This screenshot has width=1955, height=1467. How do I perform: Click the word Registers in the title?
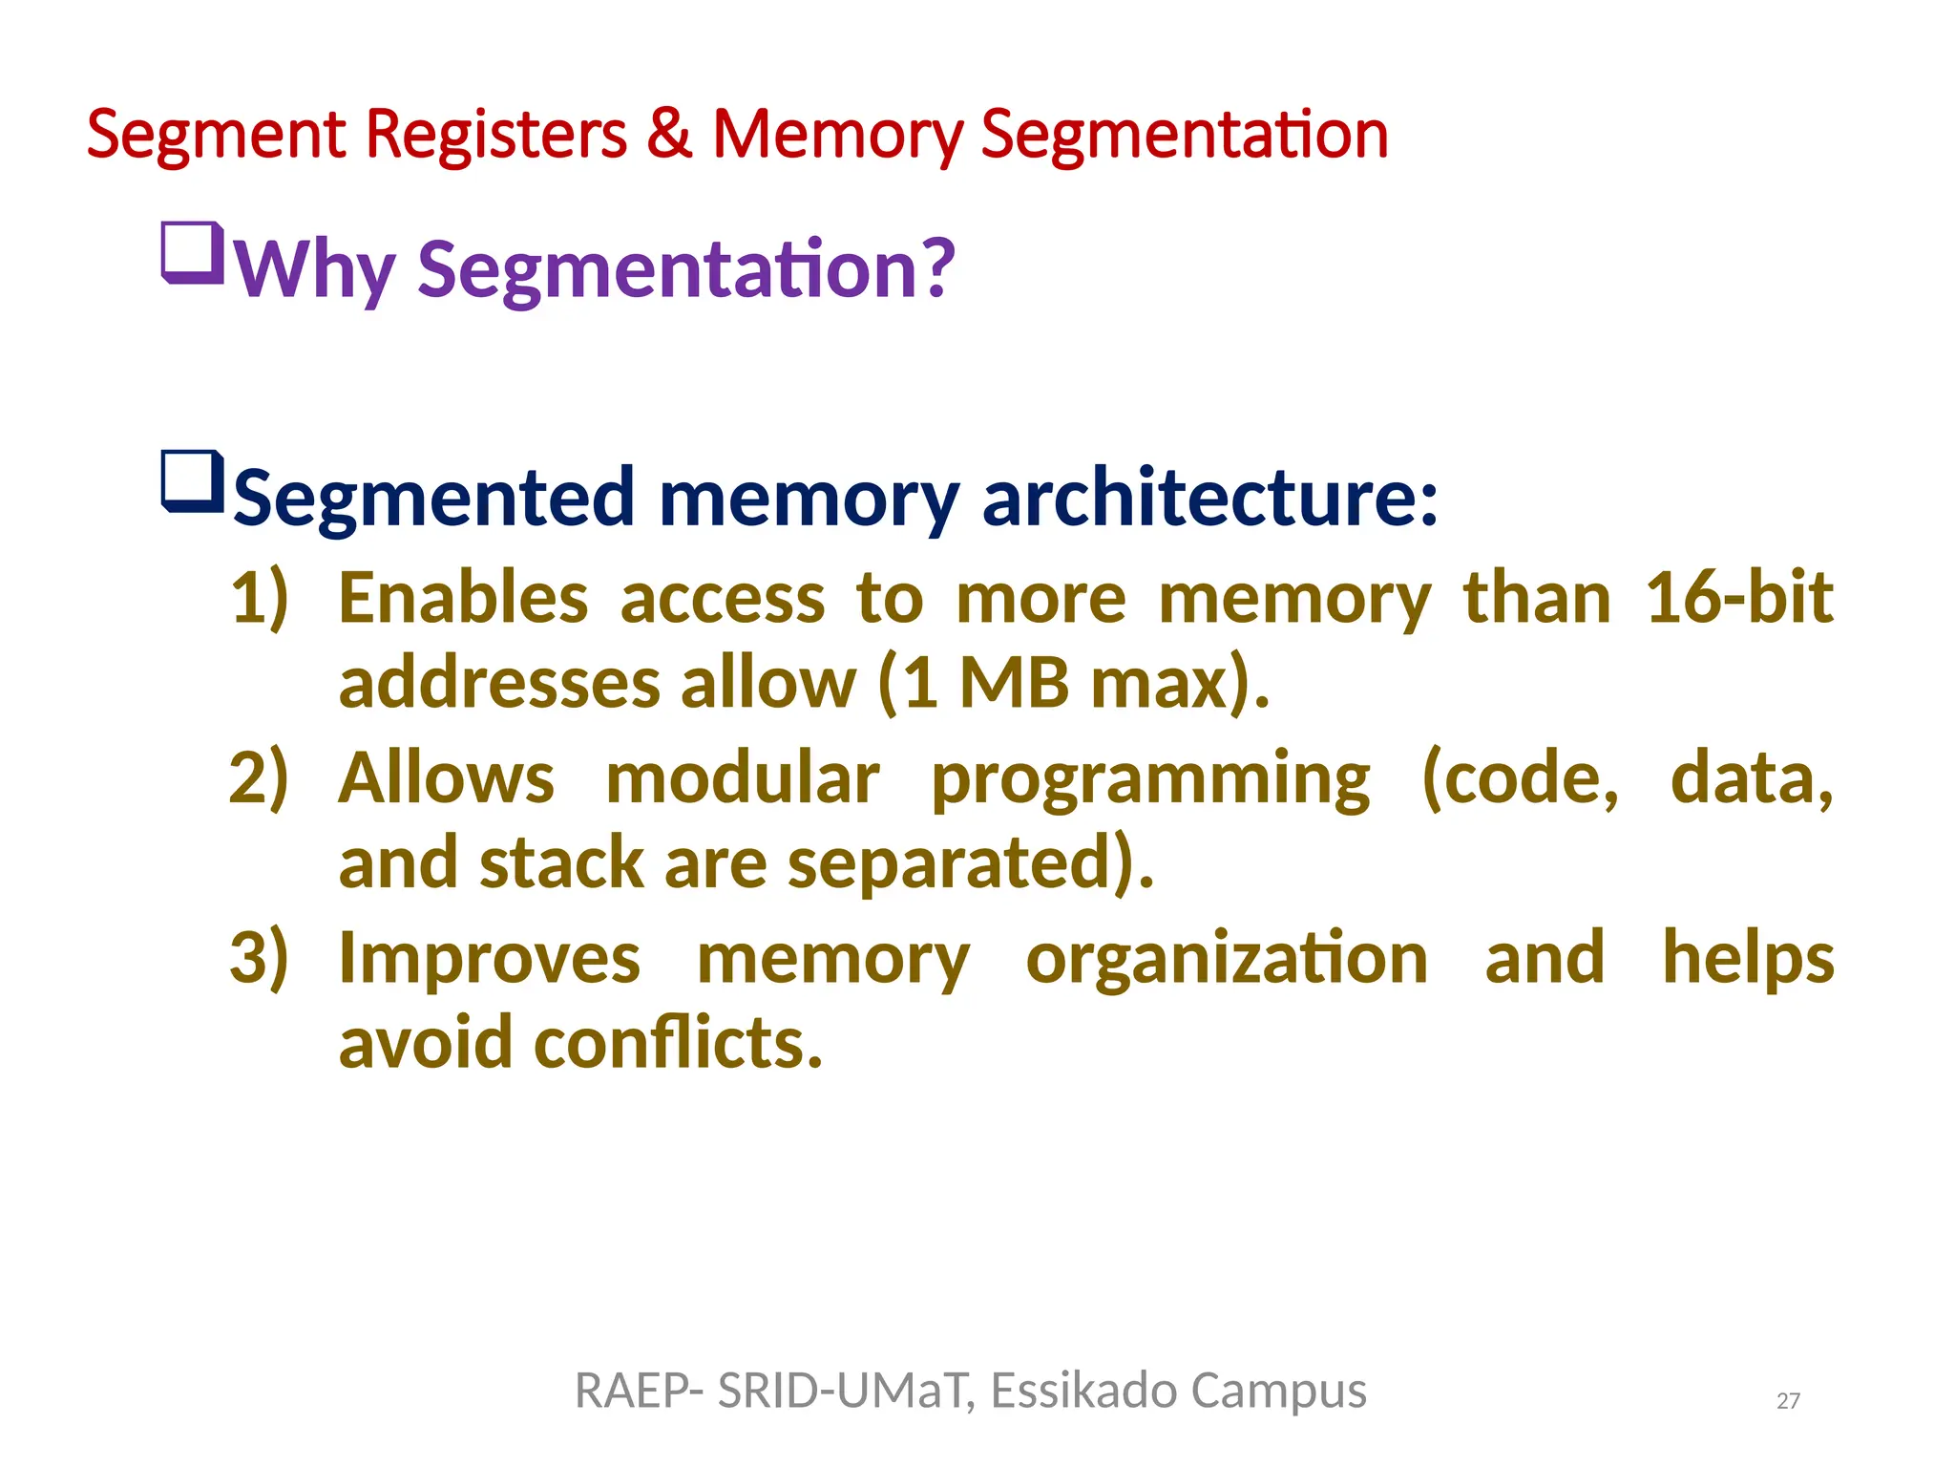click(495, 134)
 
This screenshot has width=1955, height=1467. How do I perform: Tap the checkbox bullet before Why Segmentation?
click(193, 253)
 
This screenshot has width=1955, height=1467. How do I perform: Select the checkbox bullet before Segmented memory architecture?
click(193, 481)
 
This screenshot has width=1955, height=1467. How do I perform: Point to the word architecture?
click(1209, 498)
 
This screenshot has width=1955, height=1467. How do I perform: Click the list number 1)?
click(259, 599)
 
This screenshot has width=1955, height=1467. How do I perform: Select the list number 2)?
click(259, 778)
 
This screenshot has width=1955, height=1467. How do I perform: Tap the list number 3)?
click(259, 958)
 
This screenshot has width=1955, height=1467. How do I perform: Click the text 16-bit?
click(1738, 599)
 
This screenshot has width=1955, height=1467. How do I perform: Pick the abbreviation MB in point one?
click(1014, 684)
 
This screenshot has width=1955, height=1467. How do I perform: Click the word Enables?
click(463, 599)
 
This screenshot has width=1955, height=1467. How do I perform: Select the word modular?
click(742, 778)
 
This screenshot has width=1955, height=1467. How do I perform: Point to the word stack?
click(561, 863)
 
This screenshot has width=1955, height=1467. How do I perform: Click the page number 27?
click(1788, 1401)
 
